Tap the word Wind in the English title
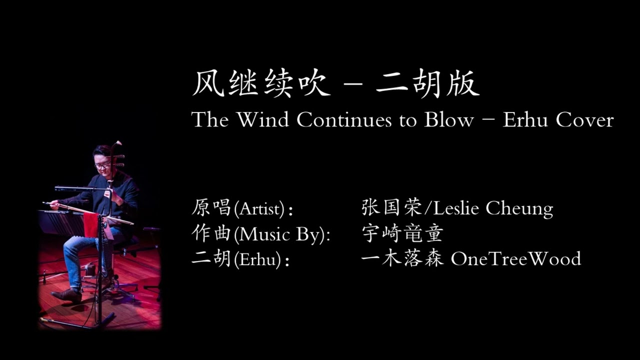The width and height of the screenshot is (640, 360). (x=263, y=120)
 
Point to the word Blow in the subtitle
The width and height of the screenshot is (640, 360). (x=448, y=120)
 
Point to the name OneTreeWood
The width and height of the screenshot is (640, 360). (x=515, y=259)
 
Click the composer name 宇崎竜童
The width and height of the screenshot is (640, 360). (x=402, y=233)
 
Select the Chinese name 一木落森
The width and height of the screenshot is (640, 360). (x=402, y=259)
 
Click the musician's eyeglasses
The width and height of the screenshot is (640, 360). (x=103, y=164)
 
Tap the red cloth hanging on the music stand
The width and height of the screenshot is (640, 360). (x=91, y=224)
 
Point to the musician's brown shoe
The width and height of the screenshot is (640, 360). (x=67, y=294)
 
